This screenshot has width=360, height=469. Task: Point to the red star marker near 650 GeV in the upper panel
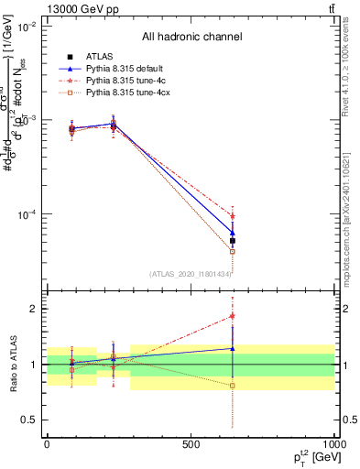point(233,216)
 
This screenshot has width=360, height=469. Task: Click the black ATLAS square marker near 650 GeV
point(233,241)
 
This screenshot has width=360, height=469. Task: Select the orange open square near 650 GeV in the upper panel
point(233,251)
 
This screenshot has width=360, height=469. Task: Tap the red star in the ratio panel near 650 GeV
point(233,316)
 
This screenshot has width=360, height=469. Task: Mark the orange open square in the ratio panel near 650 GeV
point(233,386)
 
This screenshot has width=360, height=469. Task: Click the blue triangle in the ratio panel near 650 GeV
point(233,348)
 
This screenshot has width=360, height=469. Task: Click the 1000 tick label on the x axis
point(332,444)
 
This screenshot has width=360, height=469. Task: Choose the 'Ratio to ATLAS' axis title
point(14,364)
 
